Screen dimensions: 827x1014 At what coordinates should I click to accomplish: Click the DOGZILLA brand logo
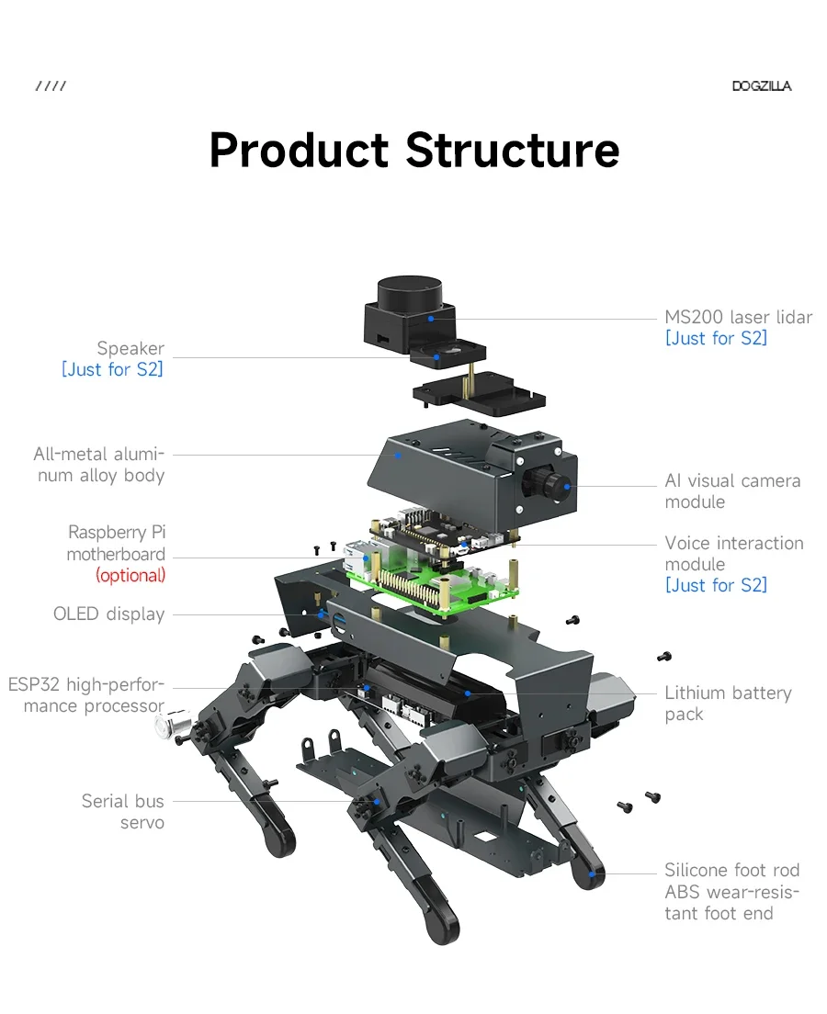[762, 86]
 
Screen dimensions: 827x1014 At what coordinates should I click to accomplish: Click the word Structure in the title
[513, 150]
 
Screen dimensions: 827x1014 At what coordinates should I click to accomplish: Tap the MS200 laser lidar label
[739, 317]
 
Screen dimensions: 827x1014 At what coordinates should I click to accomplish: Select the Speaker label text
[130, 349]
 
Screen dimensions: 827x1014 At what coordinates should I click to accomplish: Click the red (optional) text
[130, 575]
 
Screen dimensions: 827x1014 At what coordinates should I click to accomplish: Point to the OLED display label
[108, 614]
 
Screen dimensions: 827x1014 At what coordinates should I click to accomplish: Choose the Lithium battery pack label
[728, 704]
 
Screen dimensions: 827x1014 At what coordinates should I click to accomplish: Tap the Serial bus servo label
[123, 812]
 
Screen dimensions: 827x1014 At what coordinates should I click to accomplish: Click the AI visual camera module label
[732, 490]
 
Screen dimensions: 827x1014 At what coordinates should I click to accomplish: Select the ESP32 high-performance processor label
[86, 694]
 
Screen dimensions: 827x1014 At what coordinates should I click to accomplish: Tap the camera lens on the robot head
[550, 484]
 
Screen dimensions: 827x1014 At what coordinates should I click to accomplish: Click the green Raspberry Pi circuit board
[434, 579]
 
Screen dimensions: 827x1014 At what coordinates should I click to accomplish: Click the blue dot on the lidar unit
[431, 319]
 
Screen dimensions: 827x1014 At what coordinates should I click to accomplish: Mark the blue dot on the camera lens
[567, 486]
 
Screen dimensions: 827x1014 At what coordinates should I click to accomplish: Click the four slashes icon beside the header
[51, 86]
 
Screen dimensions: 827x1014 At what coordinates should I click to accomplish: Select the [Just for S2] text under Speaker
[112, 369]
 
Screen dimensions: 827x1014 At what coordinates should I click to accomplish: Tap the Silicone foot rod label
[731, 870]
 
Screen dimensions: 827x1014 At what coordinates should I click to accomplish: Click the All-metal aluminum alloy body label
[99, 465]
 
